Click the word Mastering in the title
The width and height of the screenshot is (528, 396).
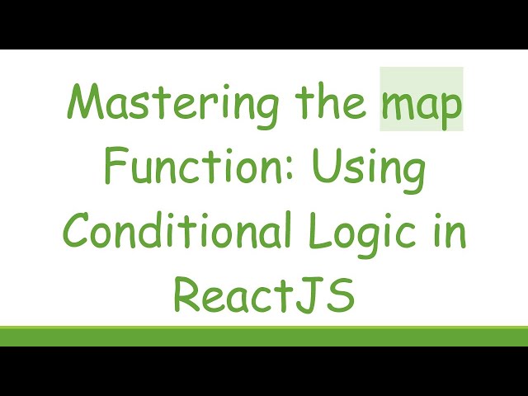158,106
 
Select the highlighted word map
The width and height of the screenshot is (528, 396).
421,108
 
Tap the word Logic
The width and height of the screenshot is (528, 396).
367,233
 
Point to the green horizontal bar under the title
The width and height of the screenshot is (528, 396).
264,336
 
